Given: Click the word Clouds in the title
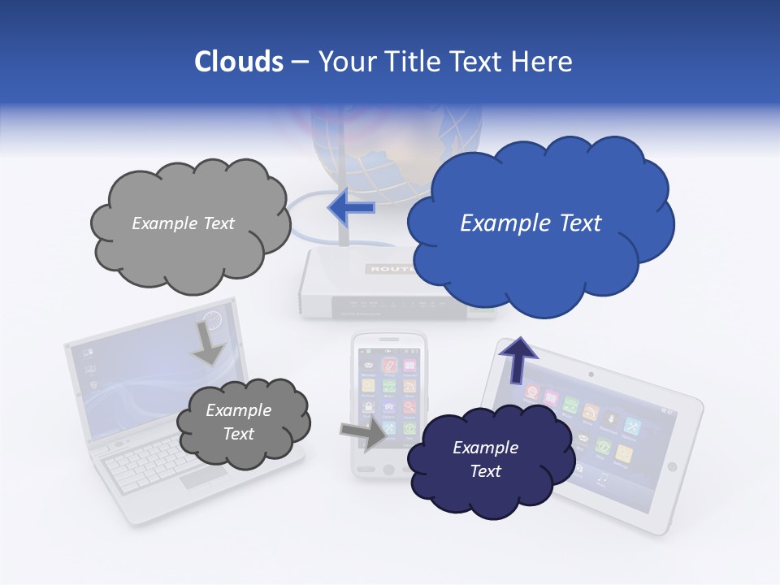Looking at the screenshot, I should tap(239, 62).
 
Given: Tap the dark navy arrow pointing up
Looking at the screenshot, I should tap(518, 358).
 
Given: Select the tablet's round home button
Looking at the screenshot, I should tap(672, 466).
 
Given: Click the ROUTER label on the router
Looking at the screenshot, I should tap(391, 268).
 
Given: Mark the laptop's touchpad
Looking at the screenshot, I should tap(203, 478).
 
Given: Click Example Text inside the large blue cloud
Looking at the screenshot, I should tap(531, 223).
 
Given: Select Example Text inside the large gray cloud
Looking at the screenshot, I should tap(183, 223).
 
